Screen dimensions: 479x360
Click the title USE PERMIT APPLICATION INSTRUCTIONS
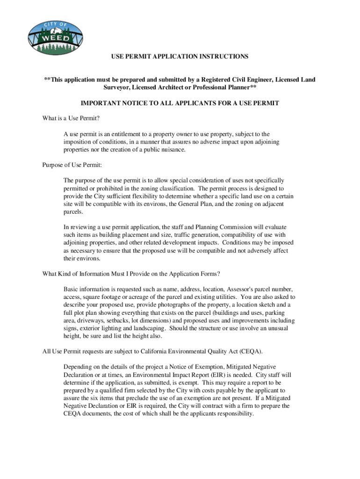pos(180,57)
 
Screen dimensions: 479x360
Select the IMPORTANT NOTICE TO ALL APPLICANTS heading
pos(180,103)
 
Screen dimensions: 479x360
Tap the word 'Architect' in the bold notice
pos(181,87)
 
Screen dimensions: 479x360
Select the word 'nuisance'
pos(173,150)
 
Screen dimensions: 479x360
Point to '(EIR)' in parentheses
pos(210,375)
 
